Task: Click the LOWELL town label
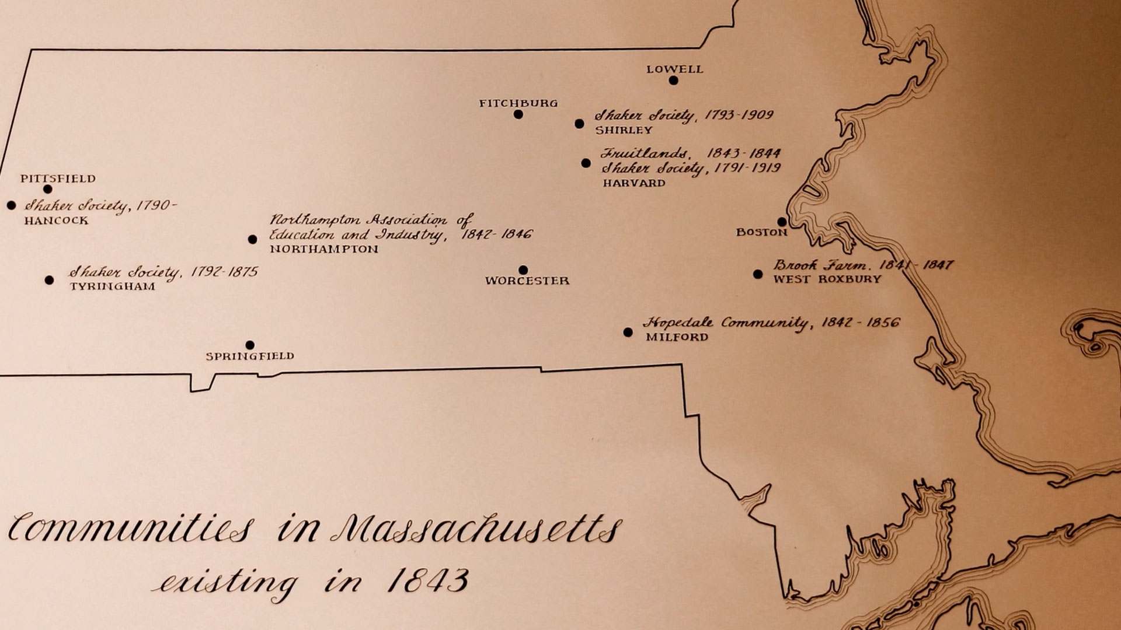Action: tap(674, 69)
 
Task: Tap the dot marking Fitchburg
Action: tap(518, 114)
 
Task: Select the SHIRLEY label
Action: tap(624, 130)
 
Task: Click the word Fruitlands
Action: tap(643, 153)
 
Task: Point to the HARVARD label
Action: tap(633, 183)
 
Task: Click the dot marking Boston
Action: tap(782, 222)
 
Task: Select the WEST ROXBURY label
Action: tap(827, 279)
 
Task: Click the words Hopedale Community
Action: tap(725, 323)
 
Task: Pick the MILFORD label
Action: tap(677, 337)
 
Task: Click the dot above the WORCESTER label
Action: tap(523, 270)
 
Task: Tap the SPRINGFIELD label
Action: tap(250, 356)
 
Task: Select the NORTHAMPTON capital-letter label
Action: tap(323, 249)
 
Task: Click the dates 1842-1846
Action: tap(496, 235)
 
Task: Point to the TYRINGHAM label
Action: tap(112, 286)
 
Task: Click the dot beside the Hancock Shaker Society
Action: tap(11, 205)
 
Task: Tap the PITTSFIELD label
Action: tap(58, 178)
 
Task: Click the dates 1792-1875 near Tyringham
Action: tap(222, 272)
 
